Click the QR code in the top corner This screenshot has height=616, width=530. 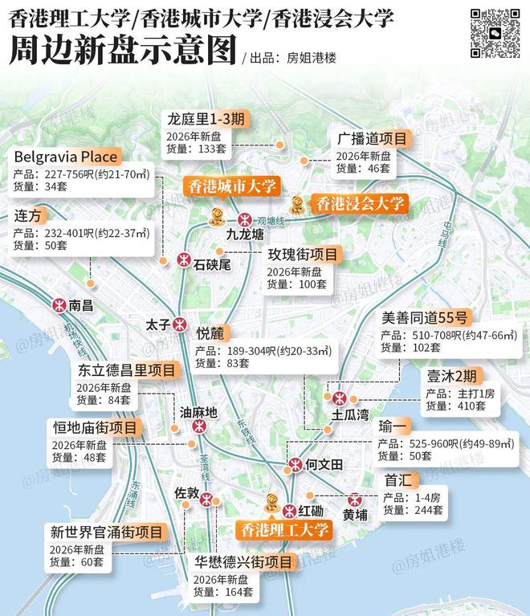pyautogui.click(x=495, y=33)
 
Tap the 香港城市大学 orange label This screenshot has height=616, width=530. pyautogui.click(x=231, y=186)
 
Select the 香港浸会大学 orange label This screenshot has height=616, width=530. pyautogui.click(x=359, y=203)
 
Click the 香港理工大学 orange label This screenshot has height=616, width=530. pyautogui.click(x=283, y=529)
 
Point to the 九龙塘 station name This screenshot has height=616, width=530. pyautogui.click(x=245, y=235)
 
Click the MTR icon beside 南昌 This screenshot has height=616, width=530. pyautogui.click(x=59, y=305)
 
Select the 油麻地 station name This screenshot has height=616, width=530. pyautogui.click(x=198, y=413)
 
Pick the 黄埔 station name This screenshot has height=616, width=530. pyautogui.click(x=355, y=513)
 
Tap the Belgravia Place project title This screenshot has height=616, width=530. pyautogui.click(x=66, y=156)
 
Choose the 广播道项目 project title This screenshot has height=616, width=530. pyautogui.click(x=372, y=138)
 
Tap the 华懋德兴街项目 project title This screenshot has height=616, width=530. pyautogui.click(x=243, y=562)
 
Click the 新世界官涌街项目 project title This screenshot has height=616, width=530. pyautogui.click(x=107, y=532)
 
